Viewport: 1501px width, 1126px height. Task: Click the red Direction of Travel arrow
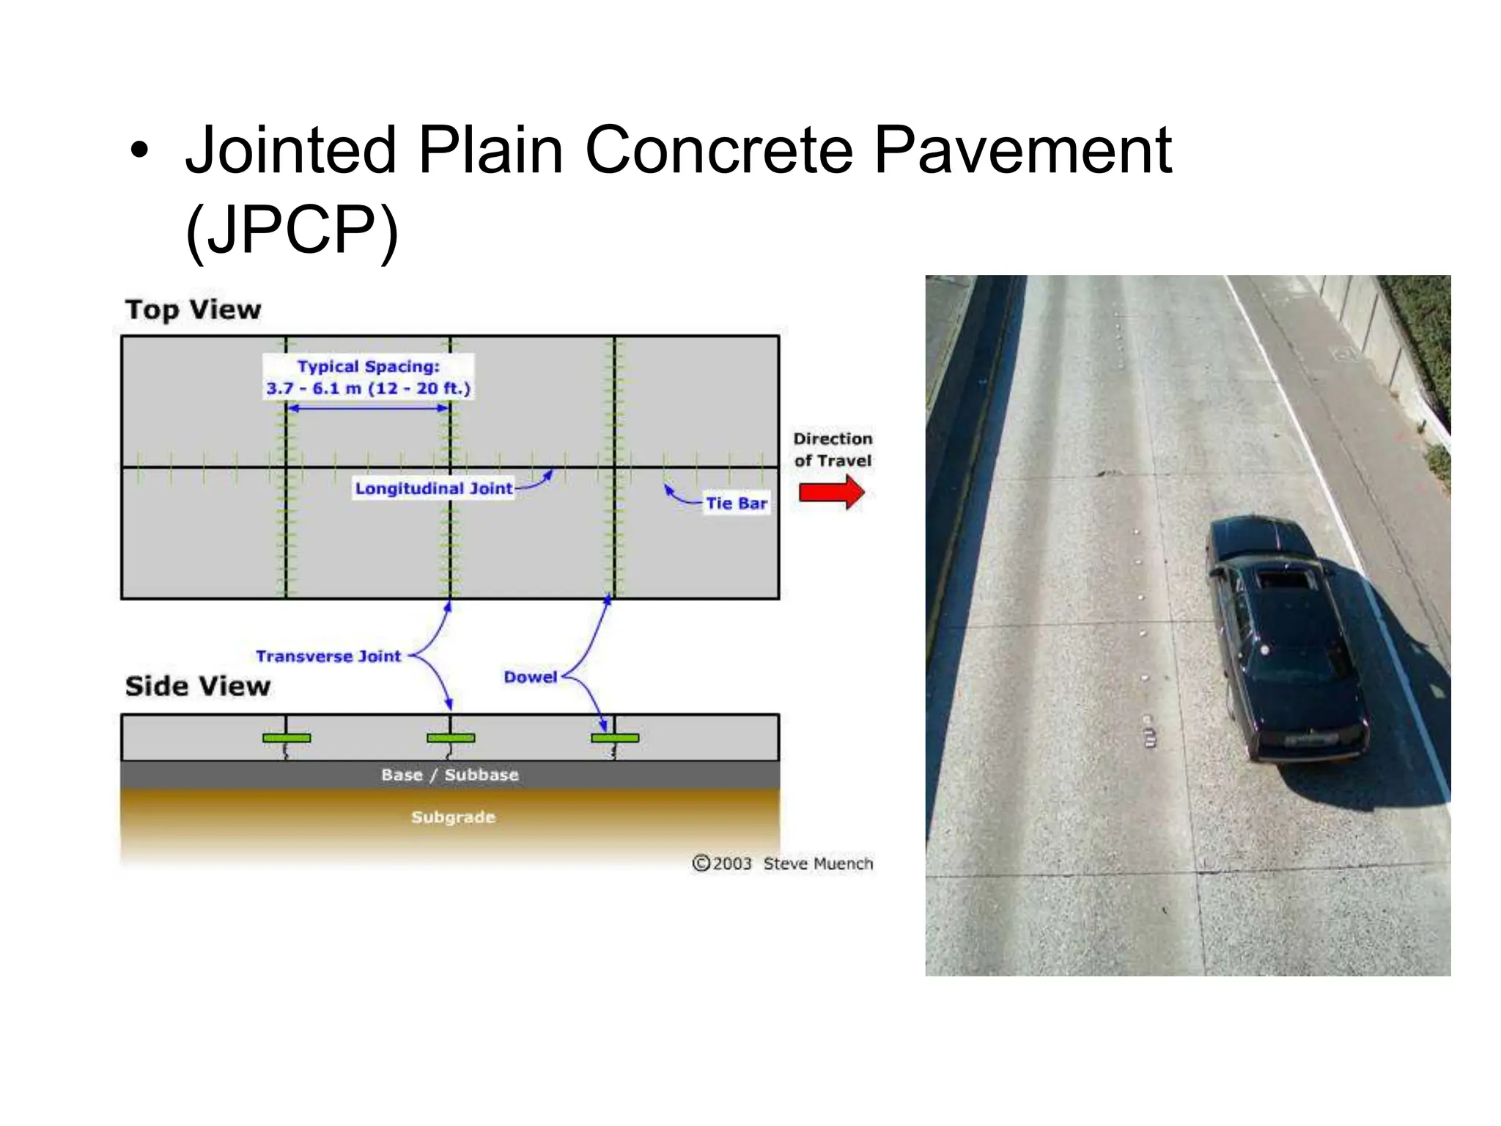(831, 492)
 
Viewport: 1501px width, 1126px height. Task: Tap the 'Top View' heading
(193, 310)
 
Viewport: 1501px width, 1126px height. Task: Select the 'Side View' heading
(198, 687)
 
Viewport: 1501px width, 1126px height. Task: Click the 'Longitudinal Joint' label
(433, 488)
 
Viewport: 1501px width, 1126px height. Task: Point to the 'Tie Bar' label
(736, 504)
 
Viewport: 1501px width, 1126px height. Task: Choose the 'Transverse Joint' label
(328, 656)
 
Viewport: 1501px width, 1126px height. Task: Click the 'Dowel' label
(530, 677)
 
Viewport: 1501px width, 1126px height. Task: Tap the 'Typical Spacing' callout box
(368, 378)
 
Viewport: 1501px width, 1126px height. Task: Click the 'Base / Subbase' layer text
(449, 775)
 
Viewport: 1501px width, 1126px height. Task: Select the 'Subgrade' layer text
(453, 817)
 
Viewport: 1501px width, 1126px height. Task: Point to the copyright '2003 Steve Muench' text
(783, 864)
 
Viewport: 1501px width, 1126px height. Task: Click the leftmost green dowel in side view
(287, 737)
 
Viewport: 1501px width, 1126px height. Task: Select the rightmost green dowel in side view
(615, 737)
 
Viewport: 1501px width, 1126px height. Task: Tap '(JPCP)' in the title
(292, 230)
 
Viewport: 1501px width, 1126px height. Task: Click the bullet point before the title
(139, 152)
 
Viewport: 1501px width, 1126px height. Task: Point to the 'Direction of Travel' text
(833, 449)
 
